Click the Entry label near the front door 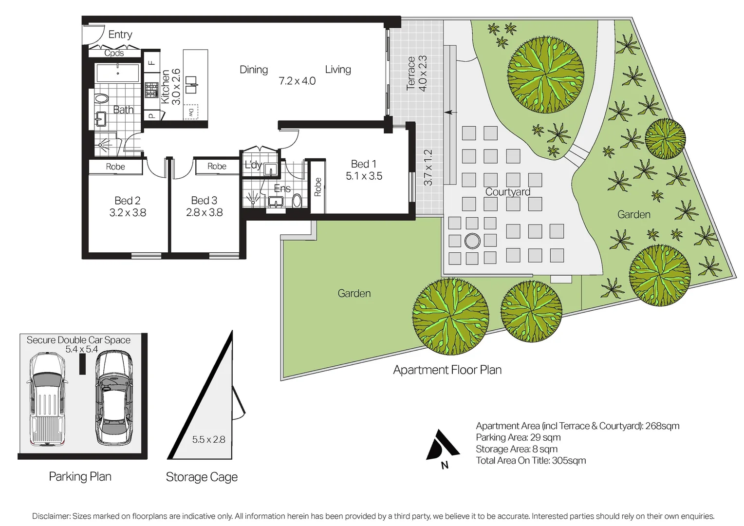click(120, 34)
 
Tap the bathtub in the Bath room click(117, 73)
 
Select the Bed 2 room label click(128, 200)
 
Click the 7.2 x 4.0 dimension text click(297, 81)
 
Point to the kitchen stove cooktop click(151, 90)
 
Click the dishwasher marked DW click(191, 112)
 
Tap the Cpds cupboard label click(114, 53)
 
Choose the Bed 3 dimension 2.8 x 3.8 click(205, 212)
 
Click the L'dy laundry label click(253, 165)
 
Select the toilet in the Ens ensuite click(297, 201)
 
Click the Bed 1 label click(364, 164)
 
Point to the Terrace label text click(411, 73)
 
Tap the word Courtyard click(508, 192)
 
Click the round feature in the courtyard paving click(472, 241)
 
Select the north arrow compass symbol click(443, 445)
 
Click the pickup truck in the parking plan click(47, 399)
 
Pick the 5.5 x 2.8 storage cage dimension click(208, 439)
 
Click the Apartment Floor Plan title click(447, 370)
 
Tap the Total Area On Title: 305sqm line click(531, 460)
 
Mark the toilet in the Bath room click(102, 98)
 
